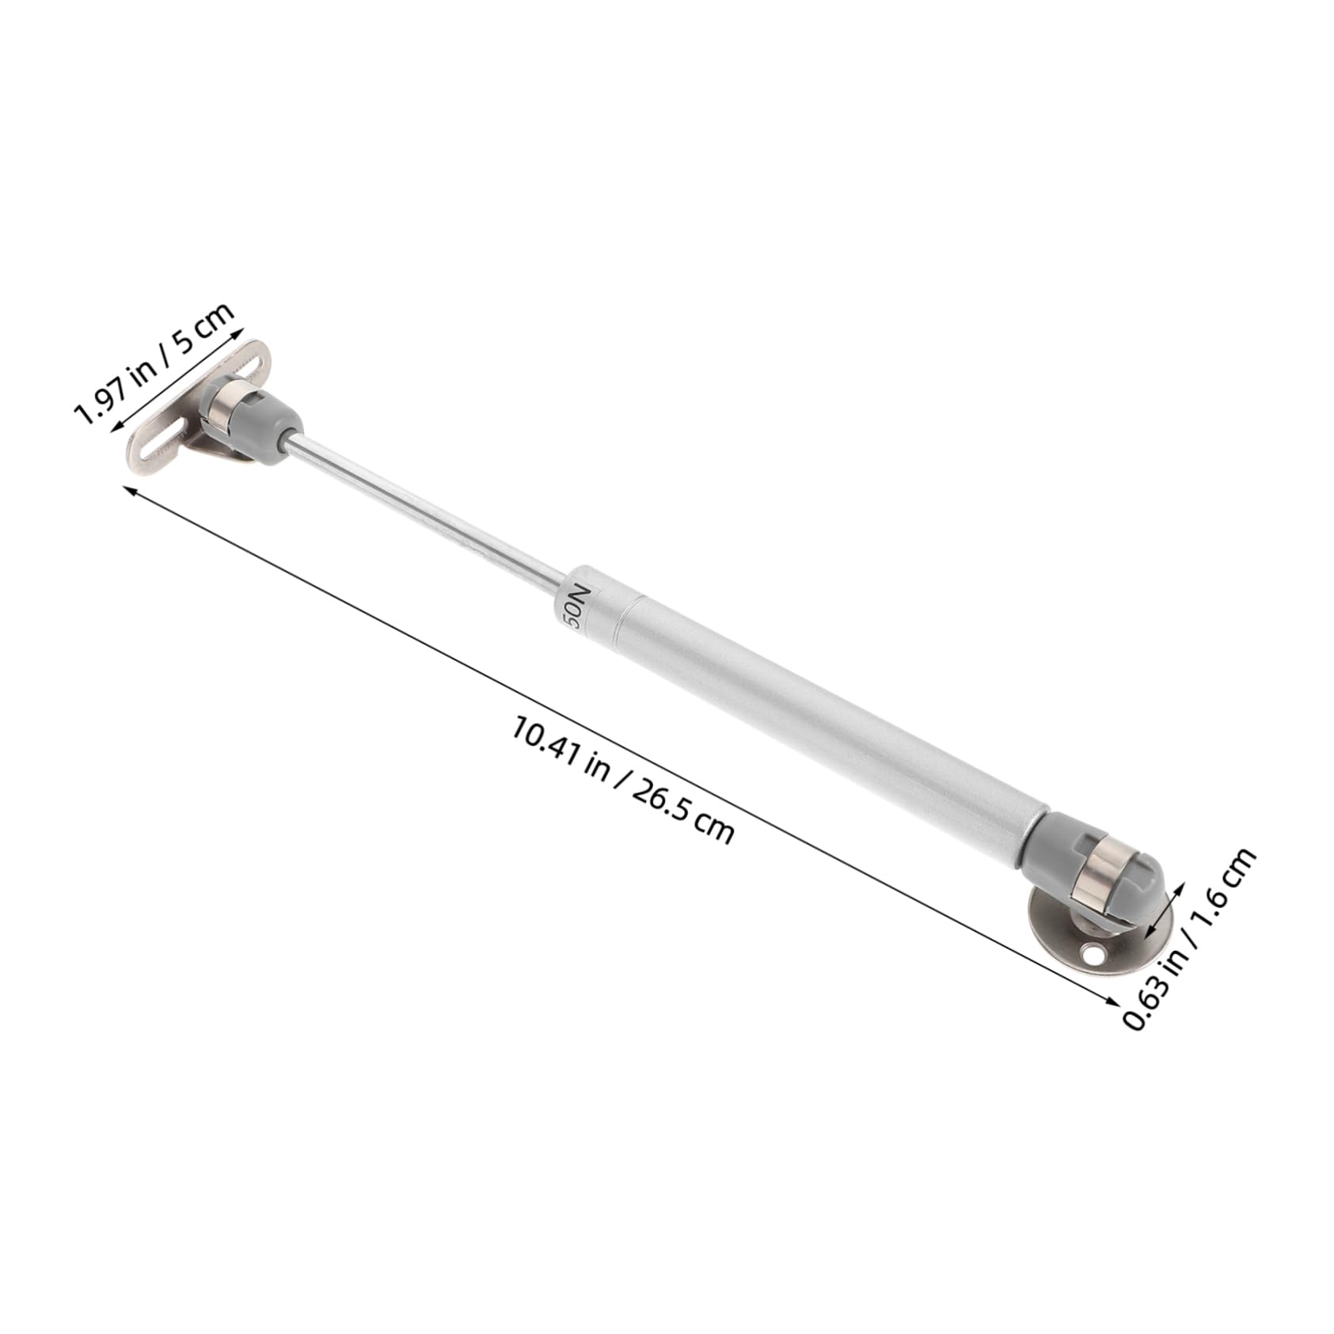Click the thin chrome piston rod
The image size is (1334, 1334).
pyautogui.click(x=428, y=506)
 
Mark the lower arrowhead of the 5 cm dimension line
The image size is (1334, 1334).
pyautogui.click(x=116, y=428)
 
